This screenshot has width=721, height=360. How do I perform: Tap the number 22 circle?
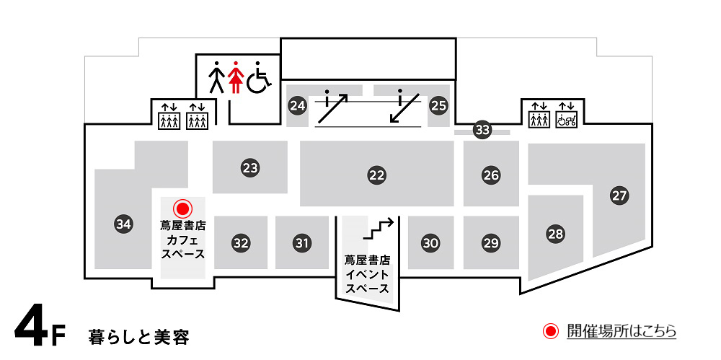click(x=376, y=175)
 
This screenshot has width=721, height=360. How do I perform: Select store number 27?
click(x=619, y=196)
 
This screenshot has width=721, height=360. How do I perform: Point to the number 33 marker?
click(x=482, y=130)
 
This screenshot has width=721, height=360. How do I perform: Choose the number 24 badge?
click(x=298, y=106)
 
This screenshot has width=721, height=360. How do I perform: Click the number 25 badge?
click(x=438, y=106)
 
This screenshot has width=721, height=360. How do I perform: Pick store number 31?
click(x=301, y=242)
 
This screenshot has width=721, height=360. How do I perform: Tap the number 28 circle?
click(x=555, y=234)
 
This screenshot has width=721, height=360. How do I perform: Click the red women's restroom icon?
click(x=236, y=77)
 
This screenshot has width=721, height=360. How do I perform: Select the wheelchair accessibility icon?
click(x=259, y=77)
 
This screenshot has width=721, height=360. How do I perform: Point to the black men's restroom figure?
click(x=216, y=77)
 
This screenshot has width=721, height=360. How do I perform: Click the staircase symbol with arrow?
click(x=379, y=228)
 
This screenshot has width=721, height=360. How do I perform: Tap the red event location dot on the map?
click(x=182, y=209)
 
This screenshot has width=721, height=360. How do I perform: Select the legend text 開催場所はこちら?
click(x=622, y=331)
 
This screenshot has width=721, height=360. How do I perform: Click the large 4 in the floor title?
click(x=30, y=330)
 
